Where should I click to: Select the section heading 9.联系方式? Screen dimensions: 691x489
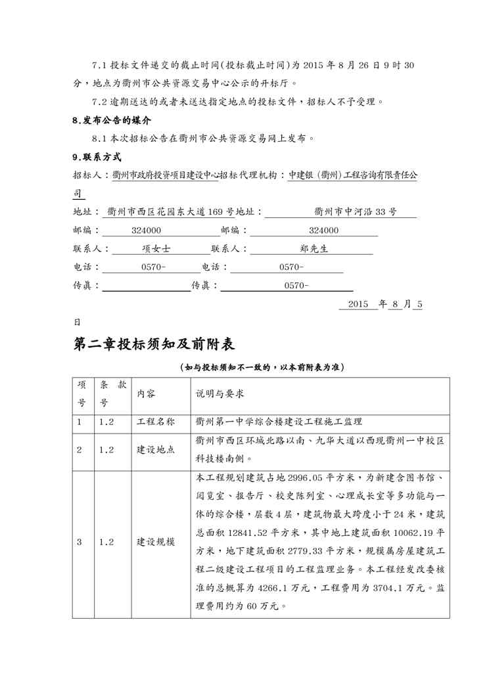click(97, 157)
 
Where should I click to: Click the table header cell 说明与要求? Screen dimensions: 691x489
click(223, 393)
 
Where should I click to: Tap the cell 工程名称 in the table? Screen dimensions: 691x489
click(155, 422)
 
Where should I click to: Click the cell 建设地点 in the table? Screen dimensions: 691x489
click(155, 450)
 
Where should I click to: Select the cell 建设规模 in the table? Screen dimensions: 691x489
click(155, 542)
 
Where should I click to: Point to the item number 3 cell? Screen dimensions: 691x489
click(80, 542)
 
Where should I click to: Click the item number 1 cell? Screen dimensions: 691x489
click(80, 422)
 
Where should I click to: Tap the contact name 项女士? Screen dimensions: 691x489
click(156, 249)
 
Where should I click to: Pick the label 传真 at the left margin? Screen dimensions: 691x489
click(85, 286)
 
